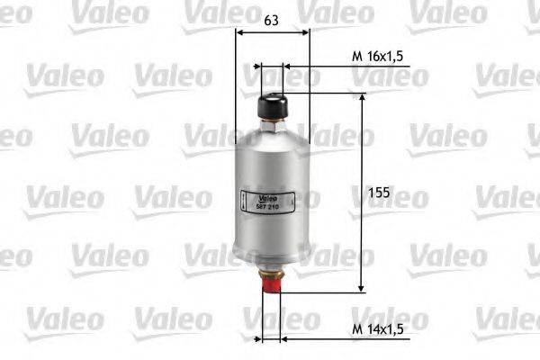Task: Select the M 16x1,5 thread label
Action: (x=375, y=57)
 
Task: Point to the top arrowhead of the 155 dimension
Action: (x=362, y=96)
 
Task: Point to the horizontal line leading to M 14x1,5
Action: (x=315, y=339)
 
